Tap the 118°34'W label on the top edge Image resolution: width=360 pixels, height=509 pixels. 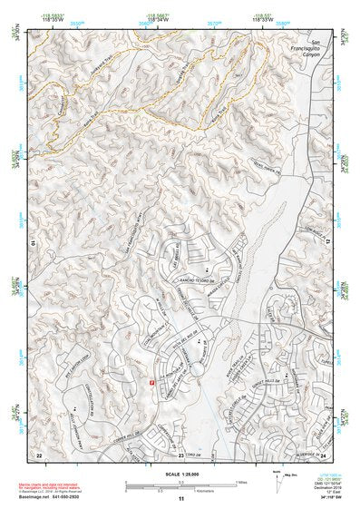tap(159, 18)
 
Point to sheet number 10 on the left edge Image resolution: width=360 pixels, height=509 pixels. tap(32, 244)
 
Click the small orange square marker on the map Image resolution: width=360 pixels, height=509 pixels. tap(151, 382)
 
